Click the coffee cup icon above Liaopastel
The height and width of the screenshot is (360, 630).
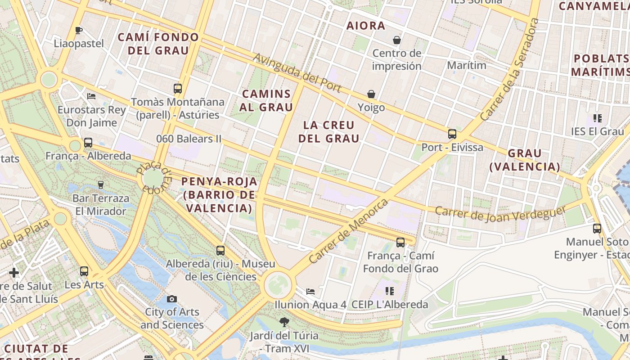click(x=79, y=31)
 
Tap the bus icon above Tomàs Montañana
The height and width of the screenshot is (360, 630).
click(x=178, y=88)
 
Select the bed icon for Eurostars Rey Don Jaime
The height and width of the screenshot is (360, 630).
click(x=91, y=96)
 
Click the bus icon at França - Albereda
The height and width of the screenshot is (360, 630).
click(x=88, y=143)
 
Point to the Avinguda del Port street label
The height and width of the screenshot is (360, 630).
click(x=297, y=73)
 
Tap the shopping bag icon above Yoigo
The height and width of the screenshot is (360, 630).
click(x=371, y=94)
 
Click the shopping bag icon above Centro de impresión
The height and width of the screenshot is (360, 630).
click(x=397, y=40)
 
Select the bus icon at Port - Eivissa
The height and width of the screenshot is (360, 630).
click(x=452, y=134)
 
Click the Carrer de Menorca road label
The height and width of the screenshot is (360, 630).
click(x=348, y=231)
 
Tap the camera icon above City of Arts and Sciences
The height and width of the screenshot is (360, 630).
click(x=171, y=299)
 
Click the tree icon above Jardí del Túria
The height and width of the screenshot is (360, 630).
click(x=284, y=322)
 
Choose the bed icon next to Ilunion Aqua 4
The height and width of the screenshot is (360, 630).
click(x=310, y=292)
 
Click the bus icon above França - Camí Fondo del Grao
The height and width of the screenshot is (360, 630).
click(x=400, y=243)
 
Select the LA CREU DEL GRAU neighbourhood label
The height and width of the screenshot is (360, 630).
click(x=329, y=131)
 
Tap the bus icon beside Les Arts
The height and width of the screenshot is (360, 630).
click(x=84, y=271)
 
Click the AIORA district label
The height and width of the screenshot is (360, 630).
click(x=366, y=26)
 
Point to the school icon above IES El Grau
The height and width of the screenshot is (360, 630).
click(x=597, y=118)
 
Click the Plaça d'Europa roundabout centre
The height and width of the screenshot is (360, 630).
click(x=153, y=179)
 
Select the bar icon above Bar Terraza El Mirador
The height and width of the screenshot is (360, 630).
click(x=101, y=184)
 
